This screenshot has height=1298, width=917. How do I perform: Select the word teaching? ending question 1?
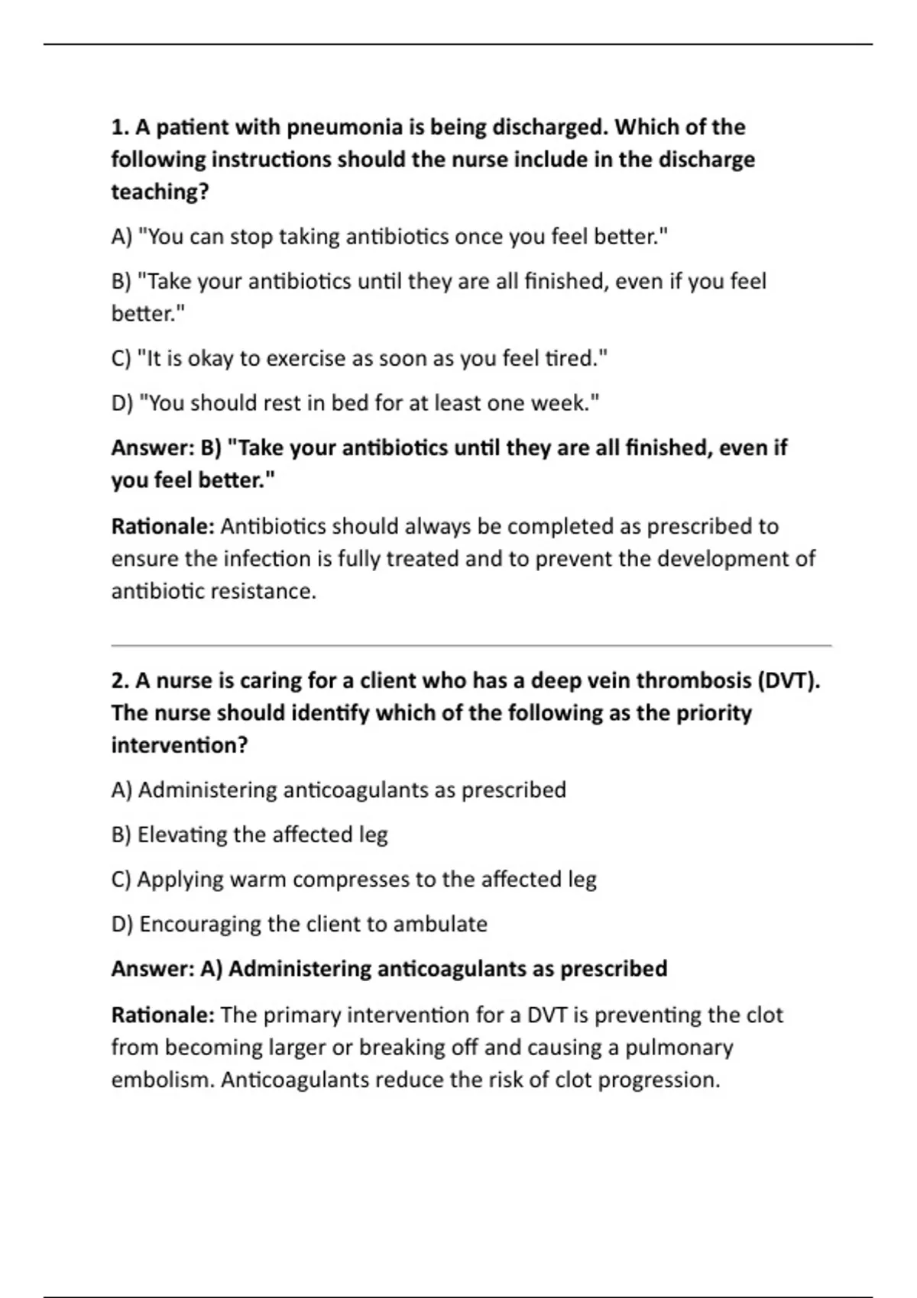pyautogui.click(x=160, y=192)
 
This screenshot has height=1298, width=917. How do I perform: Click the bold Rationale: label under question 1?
pyautogui.click(x=163, y=527)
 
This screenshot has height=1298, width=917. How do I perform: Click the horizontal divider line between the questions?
pyautogui.click(x=471, y=646)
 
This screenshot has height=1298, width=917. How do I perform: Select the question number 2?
pyautogui.click(x=118, y=680)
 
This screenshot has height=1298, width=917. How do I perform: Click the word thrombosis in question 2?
pyautogui.click(x=694, y=680)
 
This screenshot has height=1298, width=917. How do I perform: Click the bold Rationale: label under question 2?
pyautogui.click(x=163, y=1015)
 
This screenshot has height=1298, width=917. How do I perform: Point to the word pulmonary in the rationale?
pyautogui.click(x=679, y=1048)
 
